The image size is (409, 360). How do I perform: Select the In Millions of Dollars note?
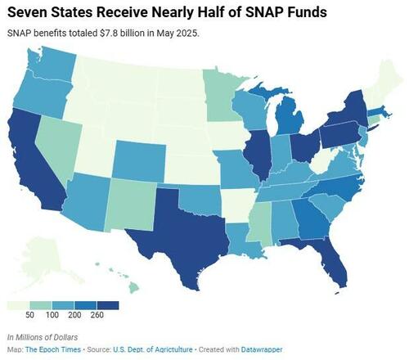tap(43, 337)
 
